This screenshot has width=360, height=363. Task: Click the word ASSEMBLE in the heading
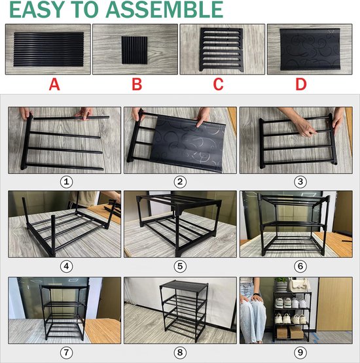pos(164,10)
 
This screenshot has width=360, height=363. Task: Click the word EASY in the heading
pos(37,10)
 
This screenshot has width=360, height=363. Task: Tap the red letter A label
pos(54,84)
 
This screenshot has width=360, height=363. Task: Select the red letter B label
pos(137,84)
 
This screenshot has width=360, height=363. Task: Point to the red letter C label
pos(218,84)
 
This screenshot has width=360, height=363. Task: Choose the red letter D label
pos(301,84)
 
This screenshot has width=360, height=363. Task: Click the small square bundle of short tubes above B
pos(135,50)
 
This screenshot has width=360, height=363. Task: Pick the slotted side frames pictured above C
pos(221,50)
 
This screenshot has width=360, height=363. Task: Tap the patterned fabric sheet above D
pos(310,49)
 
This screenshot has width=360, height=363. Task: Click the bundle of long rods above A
pos(48,49)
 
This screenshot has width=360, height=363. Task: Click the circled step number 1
pos(67,182)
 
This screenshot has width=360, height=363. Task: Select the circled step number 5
pos(180,266)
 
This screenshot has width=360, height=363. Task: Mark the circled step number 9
pos(300,353)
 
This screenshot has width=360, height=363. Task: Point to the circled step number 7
pos(67,353)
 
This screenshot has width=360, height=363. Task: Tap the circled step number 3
pos(300,182)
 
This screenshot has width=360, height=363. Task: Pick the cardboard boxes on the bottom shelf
pos(290,332)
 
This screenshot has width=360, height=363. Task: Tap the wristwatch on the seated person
pos(256,294)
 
